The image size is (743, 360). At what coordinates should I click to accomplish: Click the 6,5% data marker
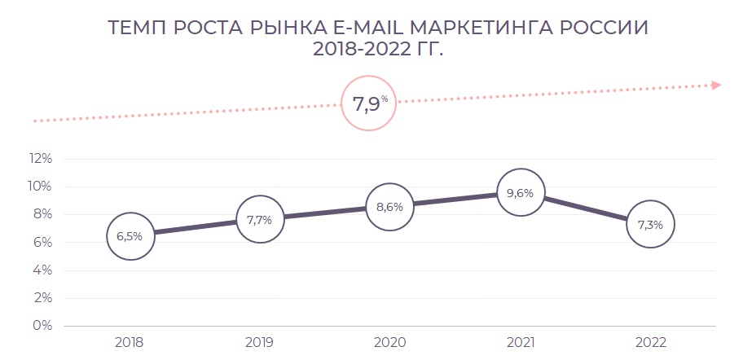(x=130, y=236)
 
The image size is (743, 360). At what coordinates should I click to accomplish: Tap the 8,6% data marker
(x=389, y=207)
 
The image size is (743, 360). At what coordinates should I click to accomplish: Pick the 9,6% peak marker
(x=520, y=193)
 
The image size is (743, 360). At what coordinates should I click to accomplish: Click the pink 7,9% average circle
(x=370, y=103)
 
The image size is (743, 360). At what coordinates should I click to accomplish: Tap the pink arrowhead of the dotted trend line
(x=716, y=84)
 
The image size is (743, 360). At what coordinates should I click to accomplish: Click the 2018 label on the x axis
(x=130, y=342)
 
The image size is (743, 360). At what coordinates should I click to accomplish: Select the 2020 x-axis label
(x=389, y=342)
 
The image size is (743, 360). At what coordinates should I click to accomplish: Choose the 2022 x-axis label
(x=650, y=342)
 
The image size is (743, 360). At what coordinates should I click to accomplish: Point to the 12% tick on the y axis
(x=40, y=159)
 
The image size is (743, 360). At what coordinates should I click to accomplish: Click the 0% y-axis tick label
(x=43, y=325)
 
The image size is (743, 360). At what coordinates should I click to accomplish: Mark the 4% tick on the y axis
(x=43, y=270)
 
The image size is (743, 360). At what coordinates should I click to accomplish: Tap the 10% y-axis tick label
(x=40, y=187)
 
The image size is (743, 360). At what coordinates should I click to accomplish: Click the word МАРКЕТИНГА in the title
(x=468, y=27)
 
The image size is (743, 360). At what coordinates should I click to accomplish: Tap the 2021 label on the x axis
(x=520, y=342)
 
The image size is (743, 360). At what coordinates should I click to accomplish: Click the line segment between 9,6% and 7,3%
(x=585, y=209)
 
